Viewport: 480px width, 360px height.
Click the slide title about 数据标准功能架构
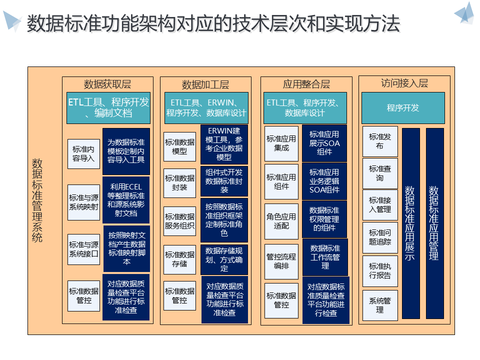click(x=213, y=23)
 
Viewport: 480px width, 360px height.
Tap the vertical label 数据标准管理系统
click(x=37, y=200)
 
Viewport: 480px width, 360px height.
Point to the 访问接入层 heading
click(x=404, y=83)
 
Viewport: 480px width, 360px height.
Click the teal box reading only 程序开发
click(x=403, y=107)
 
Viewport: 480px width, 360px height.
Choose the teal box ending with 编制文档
click(x=108, y=107)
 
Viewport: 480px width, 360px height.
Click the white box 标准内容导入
click(x=83, y=153)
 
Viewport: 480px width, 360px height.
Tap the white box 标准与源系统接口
click(x=83, y=249)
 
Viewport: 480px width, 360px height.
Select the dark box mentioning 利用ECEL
click(x=126, y=199)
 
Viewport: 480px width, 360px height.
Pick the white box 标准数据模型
click(x=179, y=146)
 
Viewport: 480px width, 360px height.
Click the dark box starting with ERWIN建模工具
click(x=224, y=144)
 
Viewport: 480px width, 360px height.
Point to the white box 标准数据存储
click(x=179, y=259)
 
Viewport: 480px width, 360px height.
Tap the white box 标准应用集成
click(x=281, y=143)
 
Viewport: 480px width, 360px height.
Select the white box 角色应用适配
click(x=281, y=221)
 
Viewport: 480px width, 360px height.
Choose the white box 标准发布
click(x=379, y=141)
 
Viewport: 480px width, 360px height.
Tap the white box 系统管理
click(x=379, y=305)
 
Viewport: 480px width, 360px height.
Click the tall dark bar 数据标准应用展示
click(x=410, y=223)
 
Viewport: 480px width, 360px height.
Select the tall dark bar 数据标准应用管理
click(x=434, y=223)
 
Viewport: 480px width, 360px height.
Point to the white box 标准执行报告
click(x=379, y=270)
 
